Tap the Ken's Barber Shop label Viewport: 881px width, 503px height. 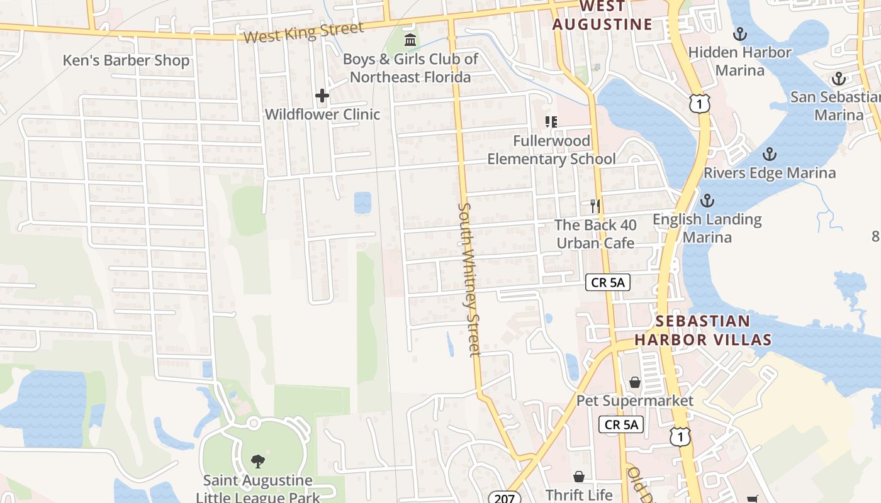tap(126, 61)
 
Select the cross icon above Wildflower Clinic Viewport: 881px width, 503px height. tap(322, 96)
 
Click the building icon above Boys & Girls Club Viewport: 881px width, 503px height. tap(410, 40)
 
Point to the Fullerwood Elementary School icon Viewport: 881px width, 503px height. tap(551, 122)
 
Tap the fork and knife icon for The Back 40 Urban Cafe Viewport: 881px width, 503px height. tap(595, 206)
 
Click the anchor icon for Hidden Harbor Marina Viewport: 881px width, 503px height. tap(740, 34)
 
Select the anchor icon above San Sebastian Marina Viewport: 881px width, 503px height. tap(838, 79)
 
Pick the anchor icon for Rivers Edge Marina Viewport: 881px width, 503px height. tap(769, 155)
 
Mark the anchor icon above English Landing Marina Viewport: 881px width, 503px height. tap(707, 201)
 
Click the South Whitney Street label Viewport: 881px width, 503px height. tap(469, 279)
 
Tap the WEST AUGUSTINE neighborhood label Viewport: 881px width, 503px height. tap(602, 16)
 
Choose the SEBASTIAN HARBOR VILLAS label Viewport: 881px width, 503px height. tap(703, 331)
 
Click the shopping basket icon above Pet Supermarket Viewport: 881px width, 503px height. tap(635, 382)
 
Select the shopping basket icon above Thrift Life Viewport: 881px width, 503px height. tap(578, 477)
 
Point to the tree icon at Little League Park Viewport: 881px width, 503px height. tap(257, 462)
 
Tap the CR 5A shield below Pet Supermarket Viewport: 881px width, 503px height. tap(621, 424)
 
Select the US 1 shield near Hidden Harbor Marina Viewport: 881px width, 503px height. tap(699, 103)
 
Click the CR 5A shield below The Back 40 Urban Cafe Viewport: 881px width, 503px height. tap(607, 282)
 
